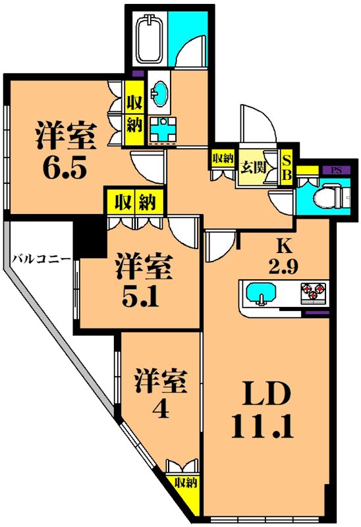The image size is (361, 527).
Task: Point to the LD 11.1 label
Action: tap(262, 412)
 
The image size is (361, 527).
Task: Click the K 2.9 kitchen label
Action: tap(284, 256)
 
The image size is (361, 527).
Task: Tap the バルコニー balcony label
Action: tap(41, 258)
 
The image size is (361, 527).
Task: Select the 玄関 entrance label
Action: tap(253, 166)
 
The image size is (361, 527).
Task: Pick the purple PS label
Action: tap(336, 170)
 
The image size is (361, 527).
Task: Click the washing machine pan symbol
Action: tap(162, 128)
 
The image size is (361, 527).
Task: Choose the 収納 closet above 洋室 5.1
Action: tap(134, 202)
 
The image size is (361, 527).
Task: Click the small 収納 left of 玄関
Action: tap(223, 158)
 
